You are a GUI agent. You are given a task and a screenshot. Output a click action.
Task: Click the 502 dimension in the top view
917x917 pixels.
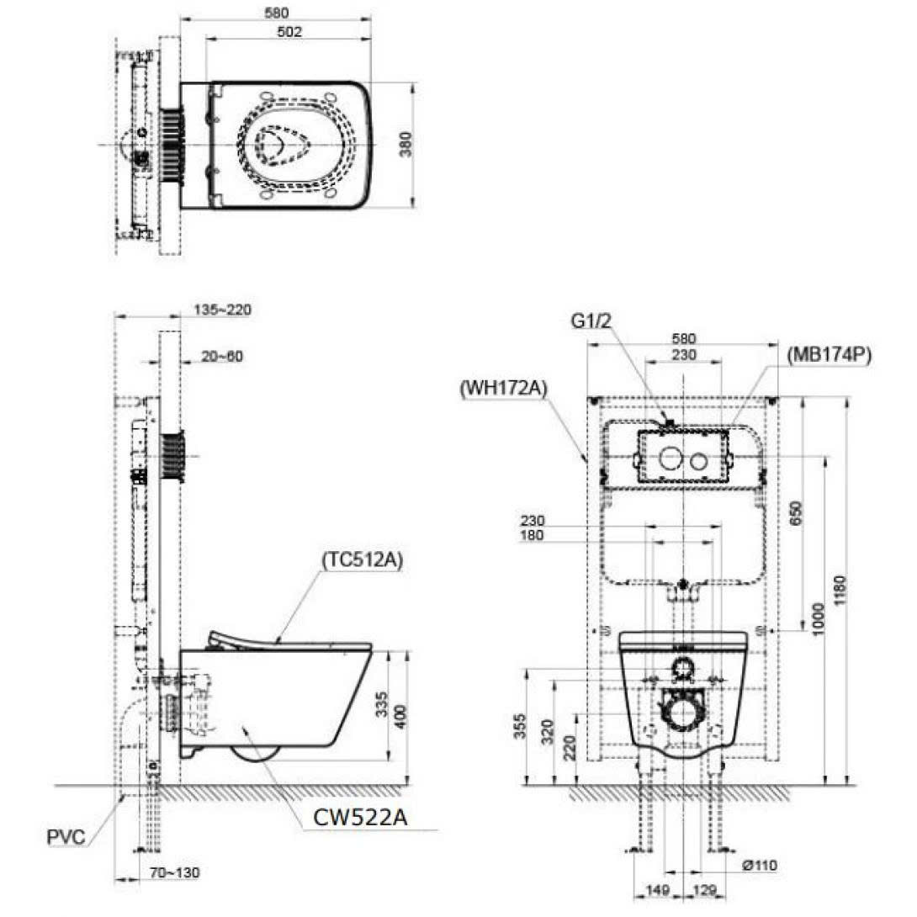[288, 32]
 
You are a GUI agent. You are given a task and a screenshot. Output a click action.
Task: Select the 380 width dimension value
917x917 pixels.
[405, 145]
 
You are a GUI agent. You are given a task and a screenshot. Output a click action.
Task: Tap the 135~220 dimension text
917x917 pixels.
[223, 310]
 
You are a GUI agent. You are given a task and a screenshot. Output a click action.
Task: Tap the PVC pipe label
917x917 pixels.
[65, 838]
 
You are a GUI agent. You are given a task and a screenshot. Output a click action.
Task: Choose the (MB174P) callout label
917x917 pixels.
[828, 355]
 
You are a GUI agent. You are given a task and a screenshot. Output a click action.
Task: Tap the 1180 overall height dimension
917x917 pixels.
[841, 593]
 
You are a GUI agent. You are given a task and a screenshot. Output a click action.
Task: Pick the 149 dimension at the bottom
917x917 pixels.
[658, 890]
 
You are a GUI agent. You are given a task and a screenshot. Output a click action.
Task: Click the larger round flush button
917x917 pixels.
[671, 459]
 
